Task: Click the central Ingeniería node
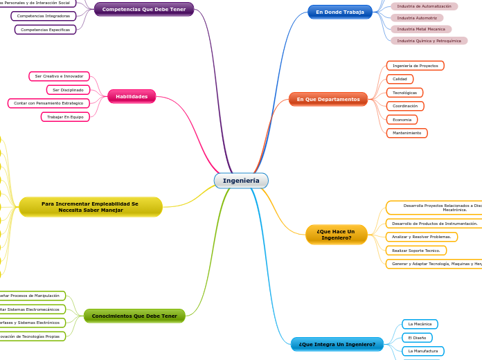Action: point(241,181)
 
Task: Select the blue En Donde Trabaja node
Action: point(339,12)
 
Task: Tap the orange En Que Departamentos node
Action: point(328,99)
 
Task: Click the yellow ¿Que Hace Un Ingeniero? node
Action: point(336,235)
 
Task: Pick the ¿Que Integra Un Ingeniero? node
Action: point(337,344)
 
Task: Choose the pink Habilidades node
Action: point(132,96)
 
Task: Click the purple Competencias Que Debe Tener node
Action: point(144,9)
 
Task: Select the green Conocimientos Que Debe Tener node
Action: point(134,316)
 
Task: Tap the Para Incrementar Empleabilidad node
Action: point(90,206)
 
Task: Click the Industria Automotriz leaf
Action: point(417,18)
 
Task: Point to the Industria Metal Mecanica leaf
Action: point(421,29)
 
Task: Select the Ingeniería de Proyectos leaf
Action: point(415,66)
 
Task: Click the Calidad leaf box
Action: point(400,79)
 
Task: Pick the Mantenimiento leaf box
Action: point(407,133)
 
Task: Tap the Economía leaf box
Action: point(402,120)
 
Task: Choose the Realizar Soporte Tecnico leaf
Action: point(416,251)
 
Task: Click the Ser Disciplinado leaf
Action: point(68,90)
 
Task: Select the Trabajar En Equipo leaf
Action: point(65,117)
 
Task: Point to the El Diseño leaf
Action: point(417,338)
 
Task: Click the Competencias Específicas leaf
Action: point(45,30)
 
